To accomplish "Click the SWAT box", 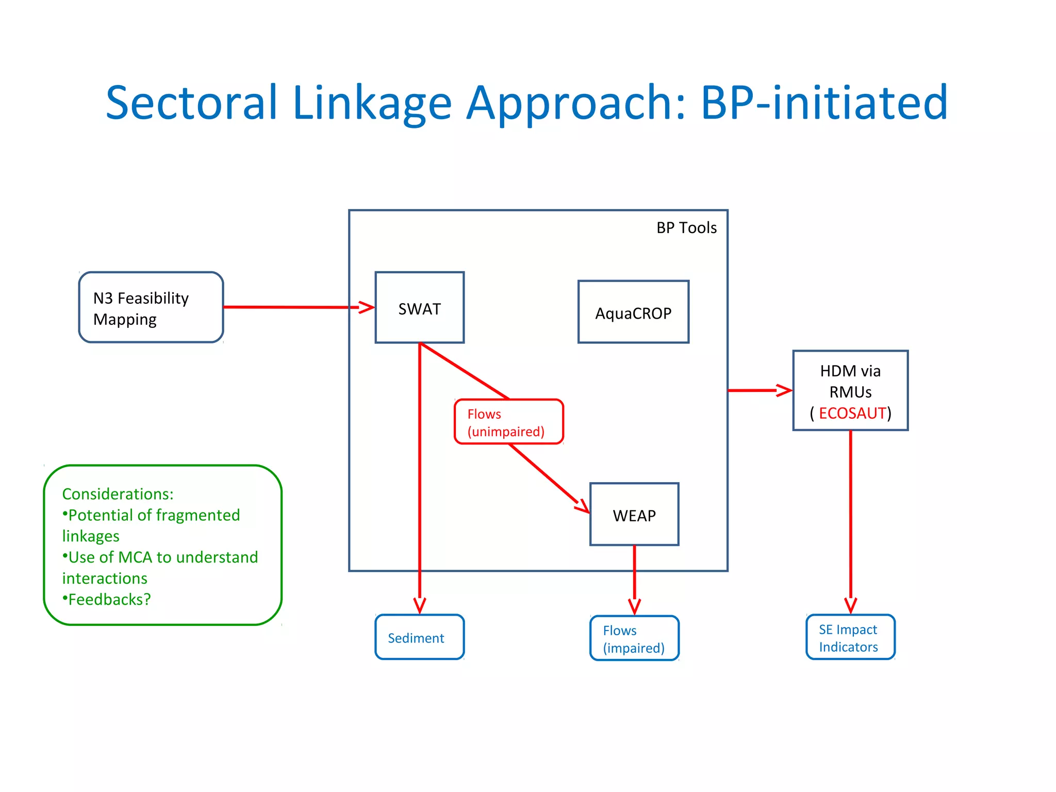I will [419, 308].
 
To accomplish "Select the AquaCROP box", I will [633, 312].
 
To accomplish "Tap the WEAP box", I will [634, 515].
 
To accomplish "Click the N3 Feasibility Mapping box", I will [151, 308].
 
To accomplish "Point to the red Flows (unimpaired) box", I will [508, 422].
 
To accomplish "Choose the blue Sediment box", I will [419, 637].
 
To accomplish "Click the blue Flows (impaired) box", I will [634, 638].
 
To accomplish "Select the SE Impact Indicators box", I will [850, 637].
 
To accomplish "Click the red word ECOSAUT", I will [852, 413].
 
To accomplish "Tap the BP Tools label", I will [686, 228].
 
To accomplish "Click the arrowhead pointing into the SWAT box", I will [367, 307].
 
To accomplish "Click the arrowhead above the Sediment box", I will [420, 605].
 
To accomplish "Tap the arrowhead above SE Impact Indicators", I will [850, 605].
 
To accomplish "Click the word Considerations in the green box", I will [117, 494].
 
